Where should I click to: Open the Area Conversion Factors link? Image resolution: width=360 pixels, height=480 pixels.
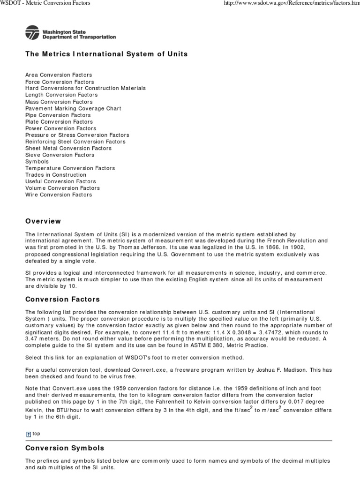[x=59, y=75]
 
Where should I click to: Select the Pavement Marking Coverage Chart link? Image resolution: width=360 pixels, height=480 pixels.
[x=73, y=108]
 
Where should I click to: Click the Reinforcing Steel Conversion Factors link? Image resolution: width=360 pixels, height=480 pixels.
[x=75, y=142]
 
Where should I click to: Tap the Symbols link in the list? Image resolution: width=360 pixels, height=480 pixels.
[x=37, y=161]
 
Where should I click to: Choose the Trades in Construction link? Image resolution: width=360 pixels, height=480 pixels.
[x=56, y=175]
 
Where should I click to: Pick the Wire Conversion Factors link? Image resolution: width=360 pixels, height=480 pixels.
[x=59, y=195]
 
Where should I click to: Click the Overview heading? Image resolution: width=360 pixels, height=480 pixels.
[x=43, y=221]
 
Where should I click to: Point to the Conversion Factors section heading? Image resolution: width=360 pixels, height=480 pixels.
[x=62, y=299]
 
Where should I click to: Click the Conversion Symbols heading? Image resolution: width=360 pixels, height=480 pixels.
[x=65, y=448]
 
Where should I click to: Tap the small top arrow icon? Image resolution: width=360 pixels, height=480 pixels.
[x=28, y=434]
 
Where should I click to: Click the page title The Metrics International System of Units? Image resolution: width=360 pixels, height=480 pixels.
[x=106, y=54]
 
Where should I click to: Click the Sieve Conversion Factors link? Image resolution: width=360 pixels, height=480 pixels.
[x=60, y=155]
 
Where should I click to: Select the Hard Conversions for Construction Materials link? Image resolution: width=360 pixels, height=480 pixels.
[x=85, y=88]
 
